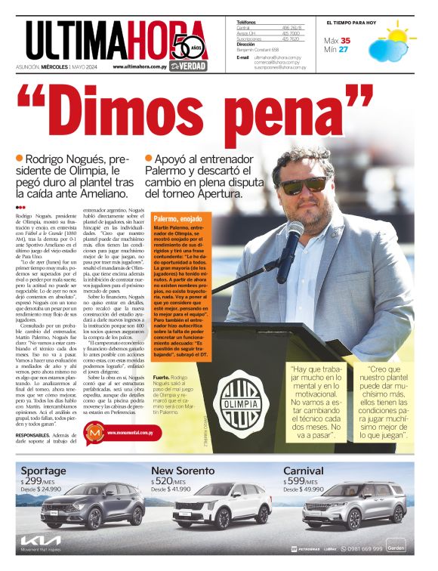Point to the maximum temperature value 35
point(345,40)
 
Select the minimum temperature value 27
point(344,50)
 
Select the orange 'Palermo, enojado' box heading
point(177,218)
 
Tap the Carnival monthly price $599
point(295,480)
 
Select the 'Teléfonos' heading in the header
point(246,23)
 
